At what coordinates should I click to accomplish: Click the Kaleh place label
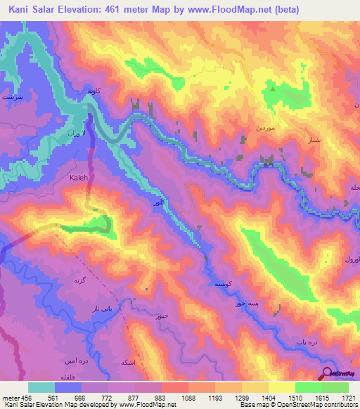[79, 178]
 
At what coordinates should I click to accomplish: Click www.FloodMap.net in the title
[238, 10]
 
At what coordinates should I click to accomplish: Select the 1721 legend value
[345, 397]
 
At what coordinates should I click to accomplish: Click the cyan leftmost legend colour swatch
[41, 387]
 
